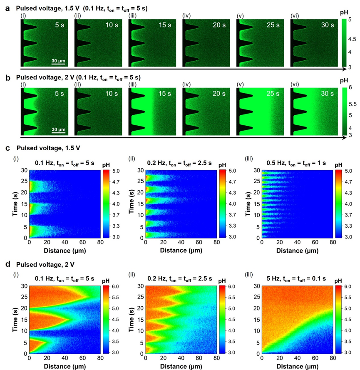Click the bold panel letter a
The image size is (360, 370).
[7, 8]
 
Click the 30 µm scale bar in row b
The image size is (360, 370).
[58, 133]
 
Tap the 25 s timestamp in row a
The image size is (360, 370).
[273, 25]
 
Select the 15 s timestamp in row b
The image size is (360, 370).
[165, 94]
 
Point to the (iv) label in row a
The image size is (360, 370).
[186, 16]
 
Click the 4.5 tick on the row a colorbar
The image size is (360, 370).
[352, 39]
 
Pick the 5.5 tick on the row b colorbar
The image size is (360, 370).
[353, 104]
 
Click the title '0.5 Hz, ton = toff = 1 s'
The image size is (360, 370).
[296, 163]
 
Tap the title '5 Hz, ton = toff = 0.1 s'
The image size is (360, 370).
[296, 279]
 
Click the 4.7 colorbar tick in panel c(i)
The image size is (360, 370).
[116, 182]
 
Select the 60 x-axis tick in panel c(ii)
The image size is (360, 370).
[199, 242]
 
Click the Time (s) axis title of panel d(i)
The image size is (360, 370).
[15, 320]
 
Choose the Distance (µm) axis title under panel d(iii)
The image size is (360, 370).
[297, 366]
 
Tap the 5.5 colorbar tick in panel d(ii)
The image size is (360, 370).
[232, 298]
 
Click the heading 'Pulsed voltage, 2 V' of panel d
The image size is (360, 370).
[45, 265]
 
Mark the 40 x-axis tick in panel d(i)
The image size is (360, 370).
[65, 358]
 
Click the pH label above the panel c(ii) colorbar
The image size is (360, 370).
[222, 165]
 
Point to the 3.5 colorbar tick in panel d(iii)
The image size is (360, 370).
[348, 341]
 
